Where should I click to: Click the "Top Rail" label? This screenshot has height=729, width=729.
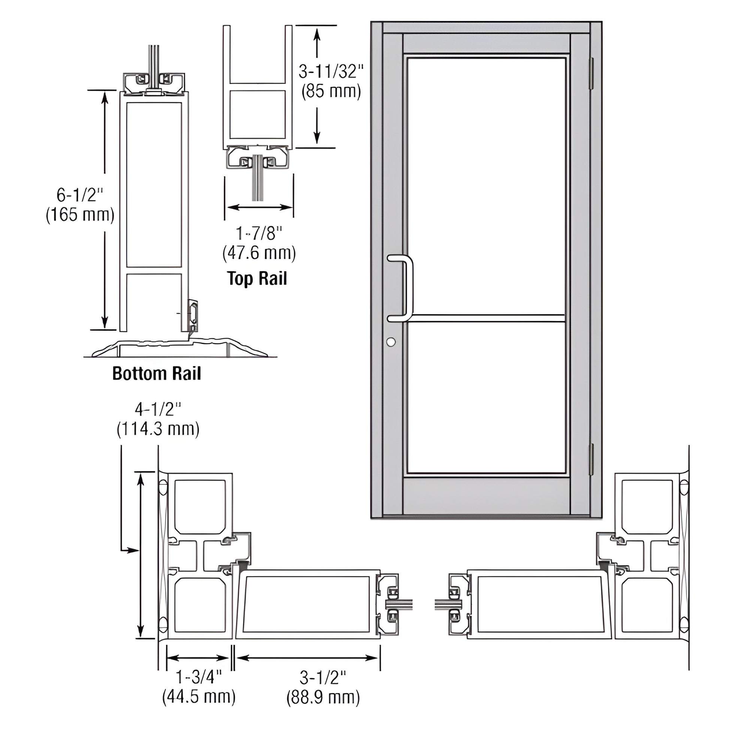point(257,279)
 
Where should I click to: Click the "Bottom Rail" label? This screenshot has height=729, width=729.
point(157,373)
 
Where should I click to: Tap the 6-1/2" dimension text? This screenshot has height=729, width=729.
point(80,195)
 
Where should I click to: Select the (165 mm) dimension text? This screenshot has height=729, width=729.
point(80,215)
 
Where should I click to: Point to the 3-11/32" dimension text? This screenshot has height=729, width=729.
point(331,71)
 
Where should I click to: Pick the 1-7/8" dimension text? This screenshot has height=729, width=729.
point(259,233)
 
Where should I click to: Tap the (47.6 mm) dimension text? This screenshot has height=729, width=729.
point(259,253)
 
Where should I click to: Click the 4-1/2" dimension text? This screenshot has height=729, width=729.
point(158,409)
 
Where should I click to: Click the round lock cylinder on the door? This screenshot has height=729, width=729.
point(391,342)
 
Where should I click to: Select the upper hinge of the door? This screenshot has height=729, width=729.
point(591,73)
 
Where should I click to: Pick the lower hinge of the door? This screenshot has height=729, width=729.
point(591,459)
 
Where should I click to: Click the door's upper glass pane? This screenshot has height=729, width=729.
point(486,185)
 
